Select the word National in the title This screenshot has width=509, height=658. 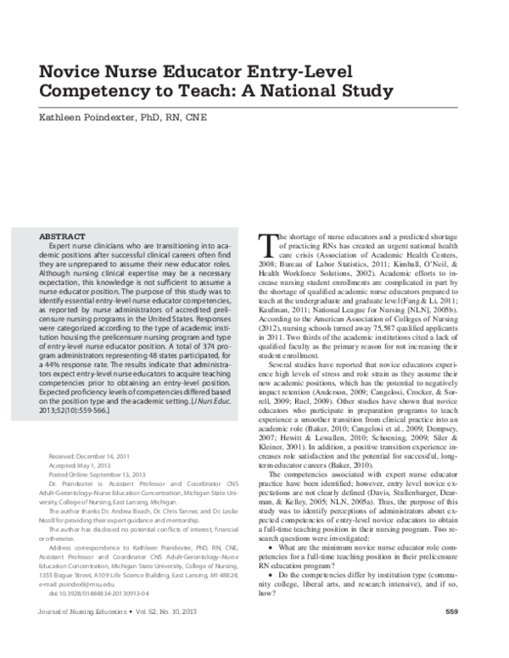click(290, 88)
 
